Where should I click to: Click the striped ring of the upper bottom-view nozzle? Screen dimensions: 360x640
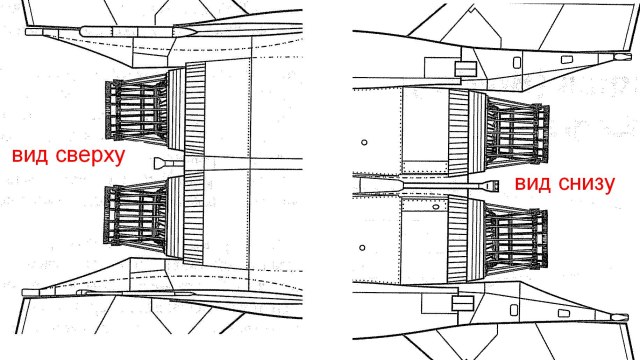(461, 127)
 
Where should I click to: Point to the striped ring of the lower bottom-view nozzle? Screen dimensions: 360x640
(461, 240)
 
